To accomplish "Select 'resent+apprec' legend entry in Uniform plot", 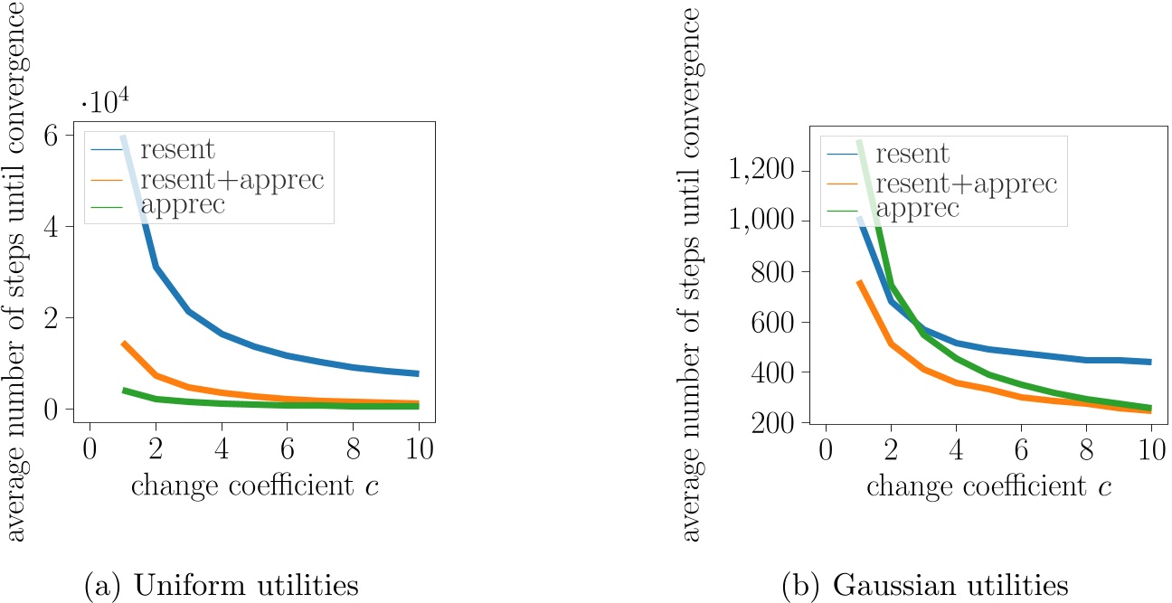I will click(x=232, y=179).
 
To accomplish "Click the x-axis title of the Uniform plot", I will click(x=255, y=485).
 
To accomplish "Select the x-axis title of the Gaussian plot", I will click(x=988, y=485).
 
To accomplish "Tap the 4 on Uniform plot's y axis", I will click(x=61, y=227).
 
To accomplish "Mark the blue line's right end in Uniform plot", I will click(x=419, y=373).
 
